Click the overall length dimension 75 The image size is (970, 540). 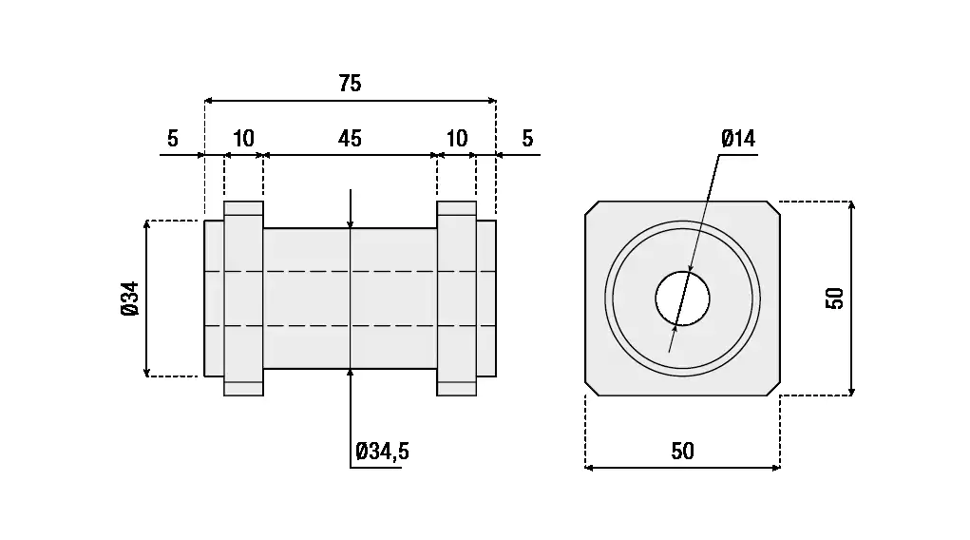click(x=350, y=84)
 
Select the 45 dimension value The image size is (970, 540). click(x=350, y=139)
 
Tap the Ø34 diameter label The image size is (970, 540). click(x=130, y=299)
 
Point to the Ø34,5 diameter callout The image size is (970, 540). click(x=382, y=452)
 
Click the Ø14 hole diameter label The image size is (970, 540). click(x=737, y=139)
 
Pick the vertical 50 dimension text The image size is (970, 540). click(x=835, y=299)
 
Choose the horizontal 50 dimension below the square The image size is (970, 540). click(x=682, y=452)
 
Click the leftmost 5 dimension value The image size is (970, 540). click(x=172, y=139)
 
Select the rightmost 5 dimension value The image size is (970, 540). click(x=527, y=139)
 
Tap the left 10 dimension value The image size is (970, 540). click(x=243, y=139)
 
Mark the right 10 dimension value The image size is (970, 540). click(x=457, y=139)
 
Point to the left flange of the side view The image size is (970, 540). click(x=243, y=299)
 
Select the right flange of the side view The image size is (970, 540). click(x=457, y=299)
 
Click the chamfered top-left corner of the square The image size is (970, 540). click(x=592, y=207)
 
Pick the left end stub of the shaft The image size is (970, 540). click(x=214, y=299)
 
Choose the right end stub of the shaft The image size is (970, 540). click(x=486, y=299)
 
